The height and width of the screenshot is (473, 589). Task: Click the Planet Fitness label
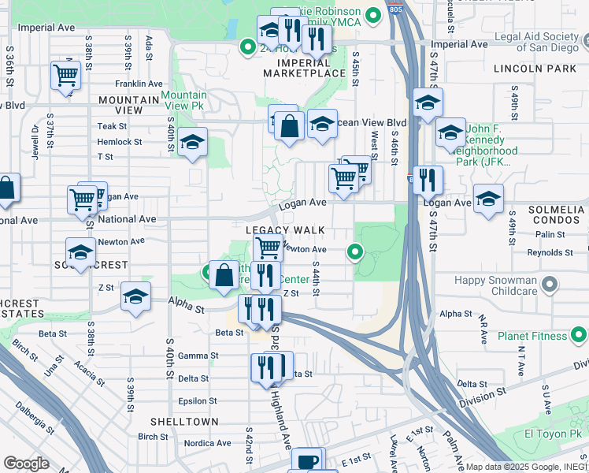(532, 337)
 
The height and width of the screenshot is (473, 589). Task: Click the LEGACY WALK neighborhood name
(285, 230)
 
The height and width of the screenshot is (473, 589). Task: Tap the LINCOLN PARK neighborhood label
(534, 69)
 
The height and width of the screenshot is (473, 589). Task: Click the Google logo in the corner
(27, 464)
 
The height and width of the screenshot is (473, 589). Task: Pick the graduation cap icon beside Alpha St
(135, 297)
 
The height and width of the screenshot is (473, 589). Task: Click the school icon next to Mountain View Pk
(192, 143)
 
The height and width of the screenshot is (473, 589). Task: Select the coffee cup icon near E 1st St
(307, 460)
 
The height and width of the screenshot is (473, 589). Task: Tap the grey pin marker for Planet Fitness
(579, 337)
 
